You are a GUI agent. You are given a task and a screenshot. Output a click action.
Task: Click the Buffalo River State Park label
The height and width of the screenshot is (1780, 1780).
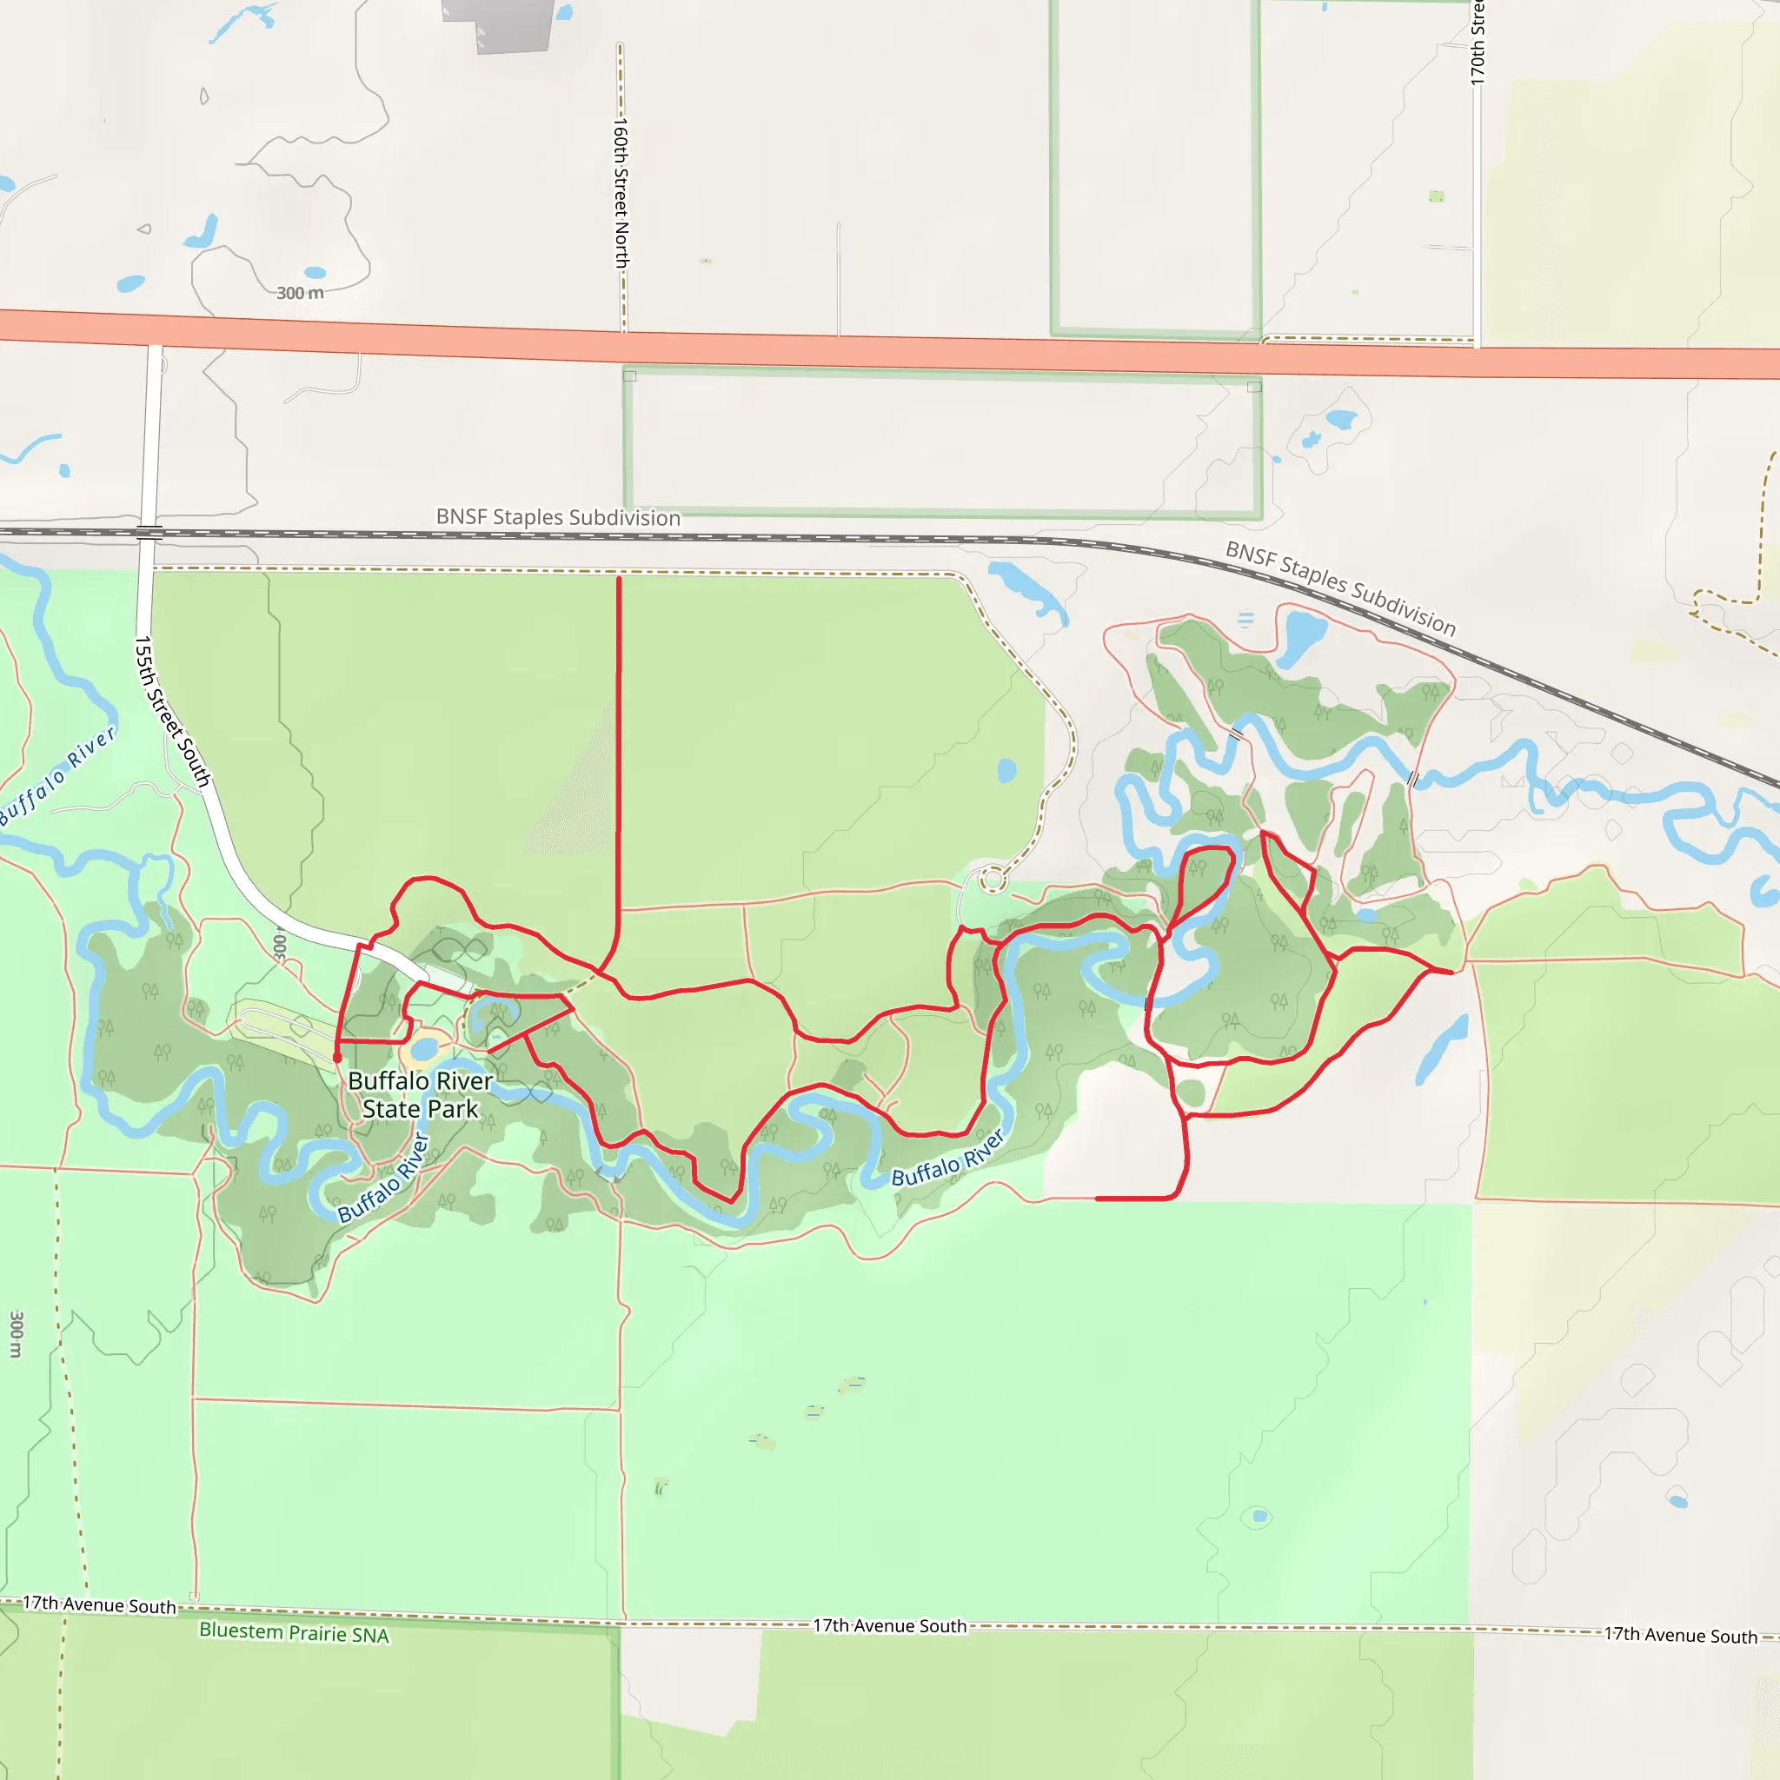click(x=420, y=1094)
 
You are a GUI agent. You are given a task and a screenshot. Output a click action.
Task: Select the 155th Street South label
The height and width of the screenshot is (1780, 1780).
click(x=172, y=711)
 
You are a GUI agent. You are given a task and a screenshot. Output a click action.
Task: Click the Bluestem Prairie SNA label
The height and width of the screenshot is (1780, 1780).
click(x=294, y=1632)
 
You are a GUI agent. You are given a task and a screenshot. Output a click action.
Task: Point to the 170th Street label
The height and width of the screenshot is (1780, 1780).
click(x=1477, y=42)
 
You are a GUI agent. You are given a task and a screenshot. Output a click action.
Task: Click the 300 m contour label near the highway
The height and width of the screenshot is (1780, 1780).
click(x=301, y=293)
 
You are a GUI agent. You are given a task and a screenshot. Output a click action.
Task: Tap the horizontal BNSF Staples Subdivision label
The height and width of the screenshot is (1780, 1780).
click(x=558, y=517)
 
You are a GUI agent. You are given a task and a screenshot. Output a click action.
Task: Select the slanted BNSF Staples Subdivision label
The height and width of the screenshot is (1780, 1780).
click(x=1340, y=588)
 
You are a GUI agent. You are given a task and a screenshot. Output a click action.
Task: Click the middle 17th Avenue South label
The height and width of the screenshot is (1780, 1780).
click(x=889, y=1626)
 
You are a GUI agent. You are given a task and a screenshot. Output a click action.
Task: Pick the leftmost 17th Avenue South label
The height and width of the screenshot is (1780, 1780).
click(x=98, y=1605)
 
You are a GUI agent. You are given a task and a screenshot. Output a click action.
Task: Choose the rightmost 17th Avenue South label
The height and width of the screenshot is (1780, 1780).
click(x=1681, y=1636)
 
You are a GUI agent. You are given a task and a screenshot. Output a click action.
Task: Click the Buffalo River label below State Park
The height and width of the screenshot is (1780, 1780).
click(x=383, y=1179)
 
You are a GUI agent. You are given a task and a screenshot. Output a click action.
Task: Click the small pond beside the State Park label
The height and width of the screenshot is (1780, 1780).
click(x=424, y=1049)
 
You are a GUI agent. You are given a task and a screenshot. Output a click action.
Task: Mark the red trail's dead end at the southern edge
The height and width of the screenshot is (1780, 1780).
click(x=1099, y=1199)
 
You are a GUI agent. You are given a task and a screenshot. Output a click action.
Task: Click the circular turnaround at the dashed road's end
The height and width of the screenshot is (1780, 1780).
click(x=993, y=880)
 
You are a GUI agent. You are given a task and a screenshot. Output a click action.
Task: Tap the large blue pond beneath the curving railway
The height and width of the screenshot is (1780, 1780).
click(x=1303, y=635)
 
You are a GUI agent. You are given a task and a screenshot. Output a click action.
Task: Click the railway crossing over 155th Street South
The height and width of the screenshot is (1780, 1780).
click(x=149, y=532)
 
